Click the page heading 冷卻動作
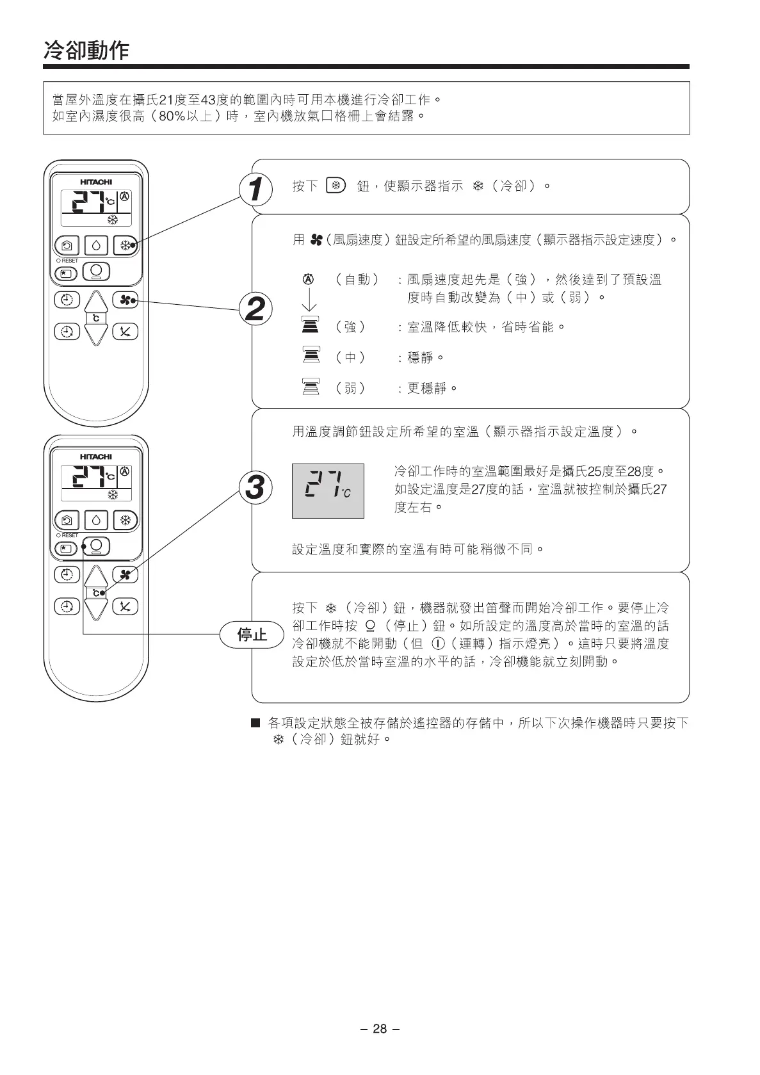pyautogui.click(x=86, y=50)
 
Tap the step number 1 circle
pyautogui.click(x=255, y=190)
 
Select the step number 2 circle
pyautogui.click(x=255, y=309)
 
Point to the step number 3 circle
pyautogui.click(x=255, y=488)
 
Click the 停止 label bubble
pyautogui.click(x=252, y=634)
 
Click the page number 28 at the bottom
pyautogui.click(x=380, y=1028)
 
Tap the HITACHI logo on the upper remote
pyautogui.click(x=96, y=182)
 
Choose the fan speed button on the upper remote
pyautogui.click(x=125, y=300)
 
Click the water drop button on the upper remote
pyautogui.click(x=96, y=245)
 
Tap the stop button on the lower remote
pyautogui.click(x=97, y=546)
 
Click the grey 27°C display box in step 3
pyautogui.click(x=328, y=490)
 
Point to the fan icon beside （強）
pyautogui.click(x=310, y=327)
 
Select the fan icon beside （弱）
pyautogui.click(x=310, y=387)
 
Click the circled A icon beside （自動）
pyautogui.click(x=308, y=280)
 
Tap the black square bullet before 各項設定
pyautogui.click(x=255, y=723)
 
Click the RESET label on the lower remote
pyautogui.click(x=69, y=535)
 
